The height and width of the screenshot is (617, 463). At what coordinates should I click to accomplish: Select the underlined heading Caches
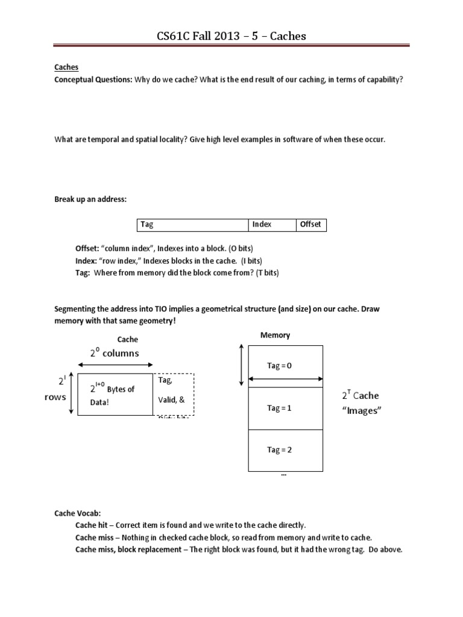(66, 68)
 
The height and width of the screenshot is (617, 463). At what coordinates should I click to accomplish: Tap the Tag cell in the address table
(192, 225)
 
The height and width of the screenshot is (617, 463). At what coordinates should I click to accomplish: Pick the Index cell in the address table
(271, 225)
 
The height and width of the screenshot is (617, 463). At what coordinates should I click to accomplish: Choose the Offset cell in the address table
(310, 225)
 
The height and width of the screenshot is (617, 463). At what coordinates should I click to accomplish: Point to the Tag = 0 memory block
(285, 366)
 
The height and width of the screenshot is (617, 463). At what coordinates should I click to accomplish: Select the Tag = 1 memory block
(285, 408)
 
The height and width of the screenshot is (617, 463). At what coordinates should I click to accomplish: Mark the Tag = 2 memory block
(285, 449)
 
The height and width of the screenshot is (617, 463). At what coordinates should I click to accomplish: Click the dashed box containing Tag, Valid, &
(174, 394)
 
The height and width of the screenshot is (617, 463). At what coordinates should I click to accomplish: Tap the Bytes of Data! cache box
(115, 394)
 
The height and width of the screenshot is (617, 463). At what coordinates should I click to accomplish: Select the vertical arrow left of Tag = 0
(242, 365)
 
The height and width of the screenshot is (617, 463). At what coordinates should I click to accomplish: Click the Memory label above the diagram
(275, 335)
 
